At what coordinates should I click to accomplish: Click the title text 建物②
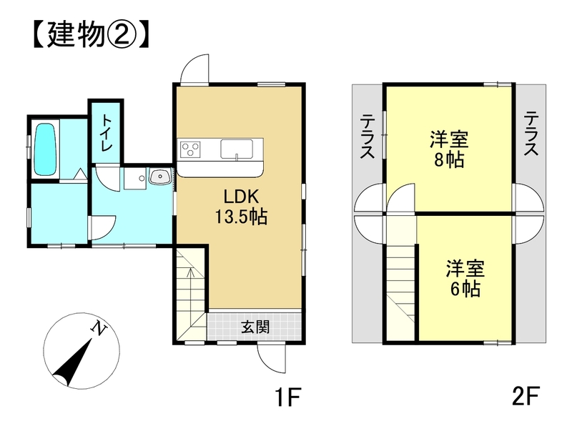coord(91,34)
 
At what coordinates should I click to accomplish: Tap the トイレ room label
coord(107,133)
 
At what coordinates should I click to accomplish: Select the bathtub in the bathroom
coord(45,149)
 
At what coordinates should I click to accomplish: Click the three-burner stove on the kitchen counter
coord(190,149)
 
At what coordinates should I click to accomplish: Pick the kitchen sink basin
coord(237,149)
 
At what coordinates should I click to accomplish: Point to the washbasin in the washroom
coord(159,177)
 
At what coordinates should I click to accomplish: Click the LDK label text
coord(241,197)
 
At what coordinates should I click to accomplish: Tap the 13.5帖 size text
coord(241,217)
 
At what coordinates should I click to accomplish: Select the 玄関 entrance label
coord(255,327)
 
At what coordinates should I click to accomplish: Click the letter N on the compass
coord(99,328)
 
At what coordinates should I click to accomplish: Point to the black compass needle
coord(73,362)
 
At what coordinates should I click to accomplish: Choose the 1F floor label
coord(288,397)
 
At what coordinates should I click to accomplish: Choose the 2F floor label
coord(526,396)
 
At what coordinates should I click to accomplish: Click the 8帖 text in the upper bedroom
coord(449,160)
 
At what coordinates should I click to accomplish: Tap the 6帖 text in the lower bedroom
coord(465,289)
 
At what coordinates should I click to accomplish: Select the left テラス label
coord(368,136)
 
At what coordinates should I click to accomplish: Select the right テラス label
coord(531,134)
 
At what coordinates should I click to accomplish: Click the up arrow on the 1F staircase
coord(189,276)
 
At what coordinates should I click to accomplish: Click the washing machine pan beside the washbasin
coord(135,179)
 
